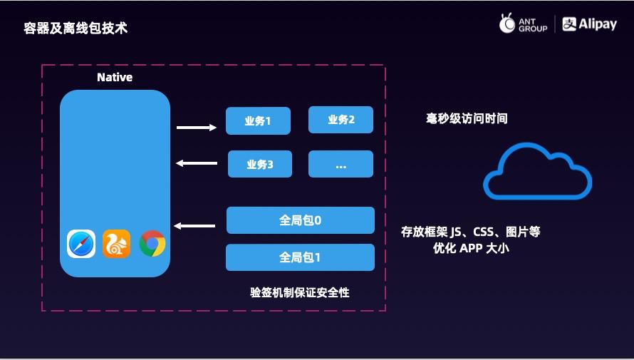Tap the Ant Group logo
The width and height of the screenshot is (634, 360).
click(524, 24)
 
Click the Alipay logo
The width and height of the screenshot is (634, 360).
click(590, 24)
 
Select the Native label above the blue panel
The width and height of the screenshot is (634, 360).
click(115, 77)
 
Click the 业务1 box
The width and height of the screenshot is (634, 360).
click(258, 120)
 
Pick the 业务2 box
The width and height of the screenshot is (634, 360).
click(341, 120)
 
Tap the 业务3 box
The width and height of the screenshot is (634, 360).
click(260, 164)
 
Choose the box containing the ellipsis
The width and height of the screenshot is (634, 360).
click(341, 164)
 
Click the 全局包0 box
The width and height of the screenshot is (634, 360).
click(300, 220)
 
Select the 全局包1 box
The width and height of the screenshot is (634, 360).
click(300, 257)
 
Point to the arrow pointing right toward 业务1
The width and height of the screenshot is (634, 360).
click(197, 128)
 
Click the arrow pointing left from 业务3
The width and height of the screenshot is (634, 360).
click(197, 164)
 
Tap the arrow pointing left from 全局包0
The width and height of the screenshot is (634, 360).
click(195, 226)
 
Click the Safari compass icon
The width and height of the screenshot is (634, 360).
click(81, 244)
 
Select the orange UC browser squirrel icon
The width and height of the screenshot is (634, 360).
click(116, 244)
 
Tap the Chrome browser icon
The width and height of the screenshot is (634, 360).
click(152, 244)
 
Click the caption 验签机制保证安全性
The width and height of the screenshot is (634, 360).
click(300, 292)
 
